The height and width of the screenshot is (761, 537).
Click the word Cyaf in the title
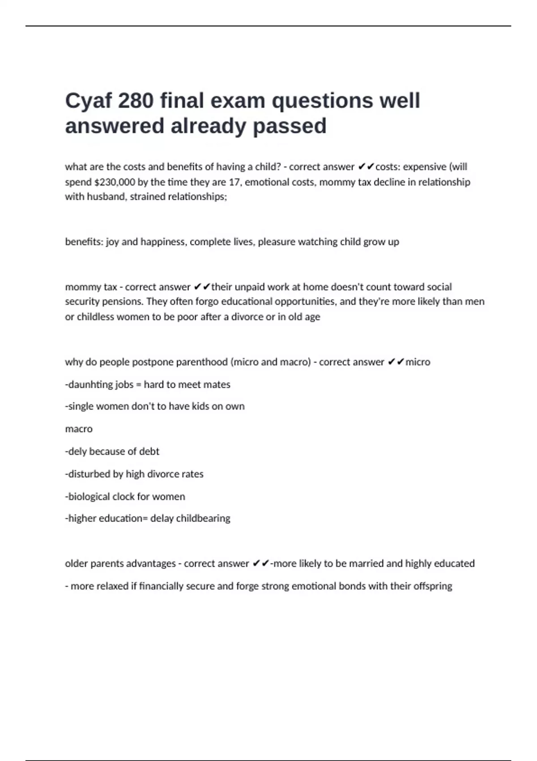pos(88,101)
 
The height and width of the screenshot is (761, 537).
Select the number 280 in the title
pos(136,101)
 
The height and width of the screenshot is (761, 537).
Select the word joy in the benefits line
pos(112,242)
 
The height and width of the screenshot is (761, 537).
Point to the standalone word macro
pos(79,429)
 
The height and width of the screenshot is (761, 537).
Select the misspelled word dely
pos(77,451)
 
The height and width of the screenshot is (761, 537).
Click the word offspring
pos(433,586)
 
